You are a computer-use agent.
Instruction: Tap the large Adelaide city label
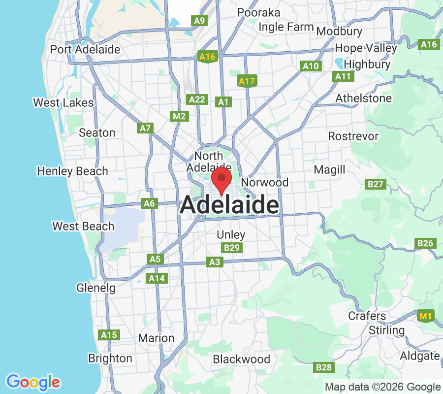coord(229,205)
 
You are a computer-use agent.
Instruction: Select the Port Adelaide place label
coord(85,50)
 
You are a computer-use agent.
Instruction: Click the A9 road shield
coord(199,21)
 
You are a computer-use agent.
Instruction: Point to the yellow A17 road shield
coord(246,81)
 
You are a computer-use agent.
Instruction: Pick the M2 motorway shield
coord(179,116)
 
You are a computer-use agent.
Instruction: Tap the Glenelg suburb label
coord(96,288)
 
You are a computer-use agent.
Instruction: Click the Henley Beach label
coord(72,171)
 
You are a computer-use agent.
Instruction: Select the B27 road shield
coord(375,184)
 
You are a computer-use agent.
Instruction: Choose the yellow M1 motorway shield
coord(424,316)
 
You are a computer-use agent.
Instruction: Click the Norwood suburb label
coord(265,183)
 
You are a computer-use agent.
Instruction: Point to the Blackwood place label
coord(242,360)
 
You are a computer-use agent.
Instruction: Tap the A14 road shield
coord(157,279)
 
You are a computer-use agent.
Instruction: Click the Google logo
coord(33,382)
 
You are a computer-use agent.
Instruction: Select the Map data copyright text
coord(383,387)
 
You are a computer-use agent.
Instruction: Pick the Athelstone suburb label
coord(364,98)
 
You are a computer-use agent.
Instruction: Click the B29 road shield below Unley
coord(231,248)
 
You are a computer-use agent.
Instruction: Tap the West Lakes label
coord(63,103)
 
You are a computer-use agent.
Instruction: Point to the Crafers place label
coord(367,316)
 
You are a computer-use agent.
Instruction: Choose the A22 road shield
coord(197,99)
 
